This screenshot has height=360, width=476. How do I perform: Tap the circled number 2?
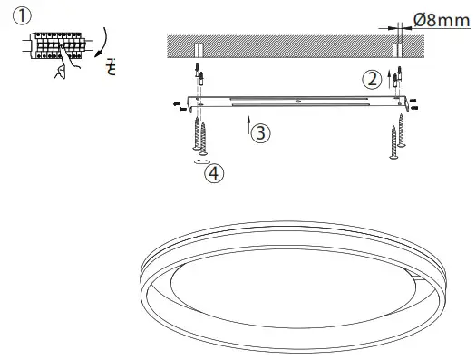(x=372, y=79)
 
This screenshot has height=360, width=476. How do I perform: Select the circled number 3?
(x=260, y=132)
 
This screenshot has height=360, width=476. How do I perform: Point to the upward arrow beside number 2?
(x=387, y=75)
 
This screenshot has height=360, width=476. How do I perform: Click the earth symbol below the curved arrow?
(x=112, y=68)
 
